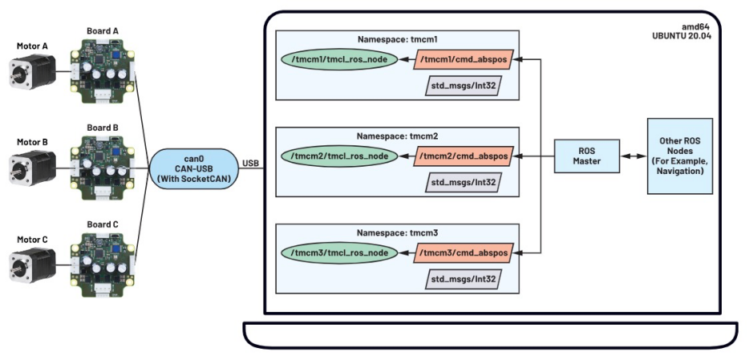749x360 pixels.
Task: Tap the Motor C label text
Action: coord(33,239)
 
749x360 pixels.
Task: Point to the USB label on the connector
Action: coord(251,163)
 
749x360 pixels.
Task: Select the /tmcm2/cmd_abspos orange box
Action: coord(464,156)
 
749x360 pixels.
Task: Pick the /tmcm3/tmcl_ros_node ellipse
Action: coord(340,253)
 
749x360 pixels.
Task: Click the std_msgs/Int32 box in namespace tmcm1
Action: coord(463,86)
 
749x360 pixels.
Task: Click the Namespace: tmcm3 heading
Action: coord(397,233)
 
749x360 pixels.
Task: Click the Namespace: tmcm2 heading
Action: coord(397,136)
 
